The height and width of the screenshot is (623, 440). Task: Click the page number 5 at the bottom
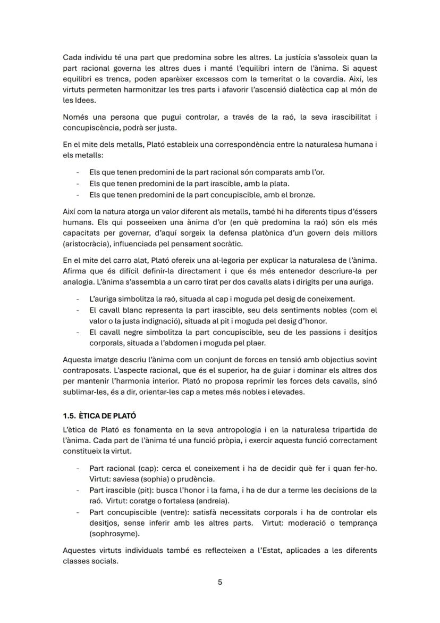click(x=220, y=582)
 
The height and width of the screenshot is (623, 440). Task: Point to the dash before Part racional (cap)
click(x=78, y=468)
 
